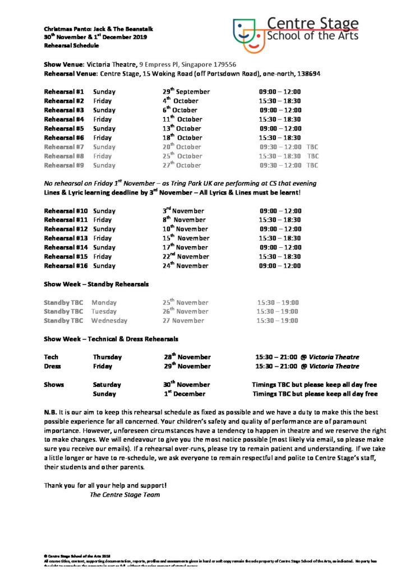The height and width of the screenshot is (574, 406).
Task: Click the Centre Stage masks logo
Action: pos(249,33)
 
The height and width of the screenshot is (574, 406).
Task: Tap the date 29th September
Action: pos(186,91)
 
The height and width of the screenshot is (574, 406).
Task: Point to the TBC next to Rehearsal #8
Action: pos(313,156)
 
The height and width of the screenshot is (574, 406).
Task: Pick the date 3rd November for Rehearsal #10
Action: pos(183,211)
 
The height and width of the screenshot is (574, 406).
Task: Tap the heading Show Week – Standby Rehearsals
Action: pos(96,284)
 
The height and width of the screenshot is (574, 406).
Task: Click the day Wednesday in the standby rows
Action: pos(109,321)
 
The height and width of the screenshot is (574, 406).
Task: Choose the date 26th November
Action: pos(185,312)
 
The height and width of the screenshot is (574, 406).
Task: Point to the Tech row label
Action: pos(51,357)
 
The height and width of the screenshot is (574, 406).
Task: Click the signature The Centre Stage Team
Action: pos(124,495)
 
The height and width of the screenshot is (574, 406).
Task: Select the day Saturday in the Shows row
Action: pos(107,385)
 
